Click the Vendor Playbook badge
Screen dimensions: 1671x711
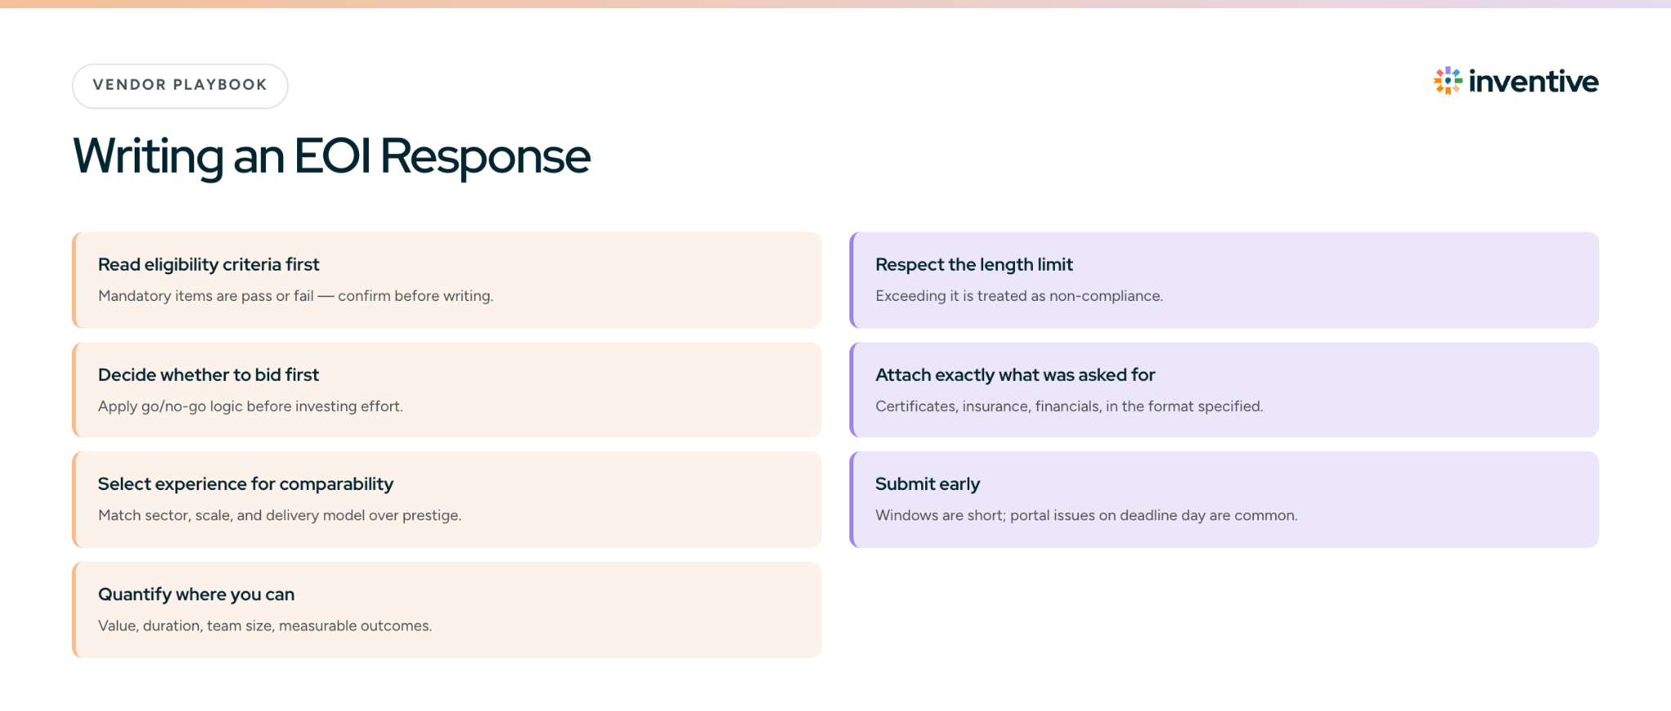(180, 86)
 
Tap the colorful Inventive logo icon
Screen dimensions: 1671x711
(1448, 81)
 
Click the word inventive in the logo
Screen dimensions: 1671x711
(1534, 82)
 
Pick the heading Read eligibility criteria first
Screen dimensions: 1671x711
(209, 265)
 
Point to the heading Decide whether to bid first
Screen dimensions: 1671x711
(209, 375)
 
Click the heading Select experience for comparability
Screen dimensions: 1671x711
(246, 484)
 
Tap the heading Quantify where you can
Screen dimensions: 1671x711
(197, 594)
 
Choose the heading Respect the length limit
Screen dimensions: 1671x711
(974, 265)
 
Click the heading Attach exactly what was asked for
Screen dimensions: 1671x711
(1016, 375)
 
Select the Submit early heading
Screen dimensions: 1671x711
(928, 484)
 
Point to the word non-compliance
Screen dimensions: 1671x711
(1106, 296)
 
